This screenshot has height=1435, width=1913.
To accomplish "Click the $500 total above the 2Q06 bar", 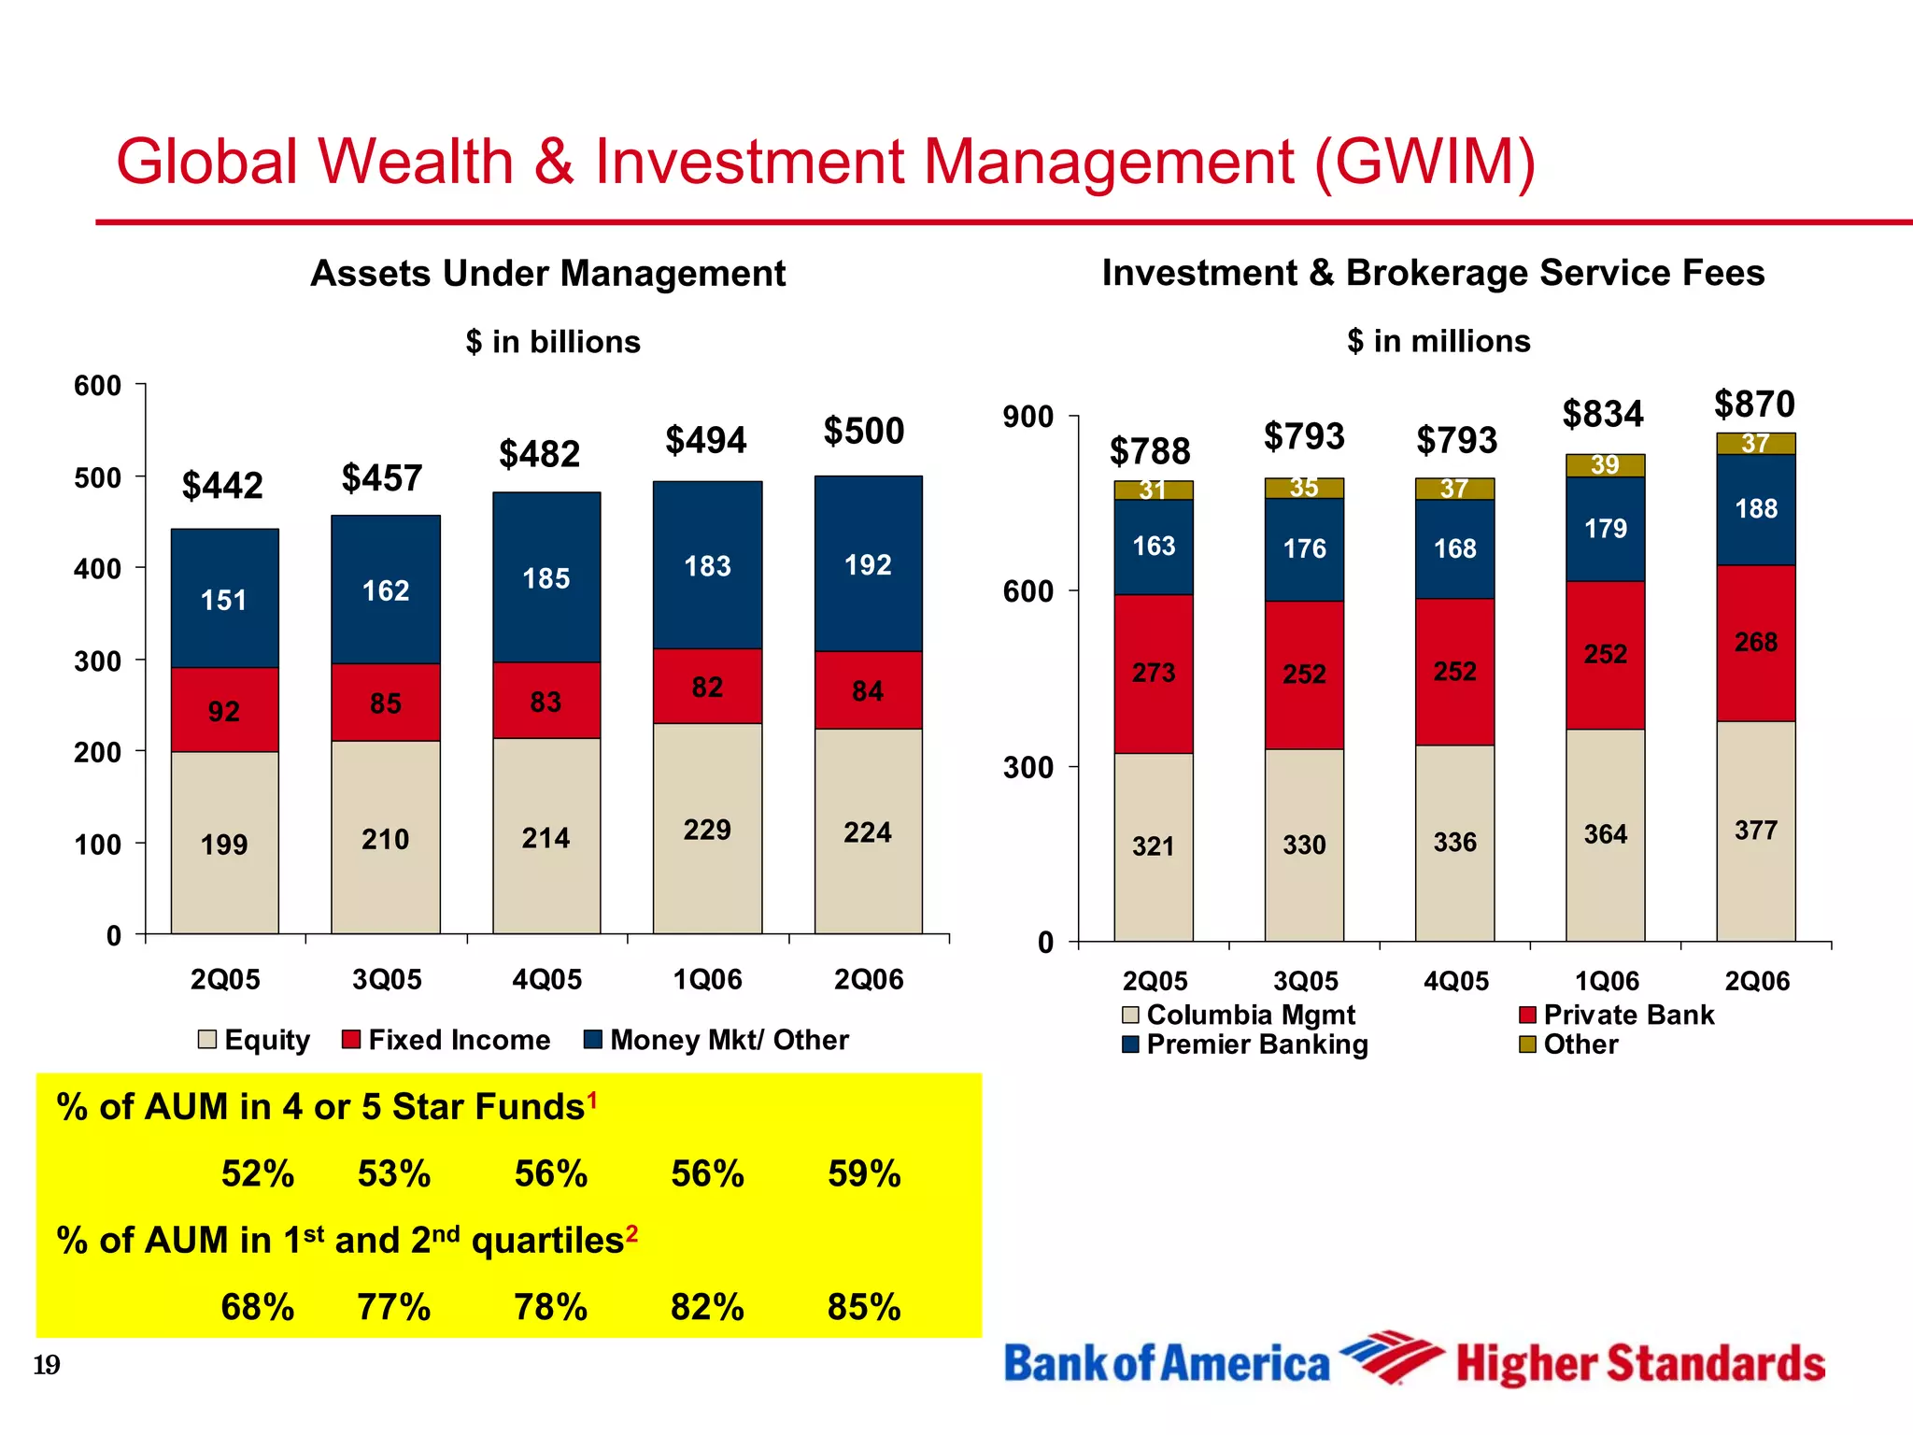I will [x=863, y=432].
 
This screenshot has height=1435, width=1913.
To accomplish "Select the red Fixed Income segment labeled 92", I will [x=224, y=710].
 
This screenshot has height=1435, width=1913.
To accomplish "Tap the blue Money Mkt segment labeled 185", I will [x=546, y=577].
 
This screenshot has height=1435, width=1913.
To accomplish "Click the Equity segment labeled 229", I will [x=707, y=829].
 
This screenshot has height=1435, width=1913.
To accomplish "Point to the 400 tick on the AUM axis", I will [x=98, y=569].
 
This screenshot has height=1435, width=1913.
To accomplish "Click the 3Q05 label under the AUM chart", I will [x=387, y=979].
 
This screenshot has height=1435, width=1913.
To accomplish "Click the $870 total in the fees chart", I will [x=1754, y=405].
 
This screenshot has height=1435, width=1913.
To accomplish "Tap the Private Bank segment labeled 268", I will [x=1756, y=643].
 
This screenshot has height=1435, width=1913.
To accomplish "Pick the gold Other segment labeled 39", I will [x=1605, y=465].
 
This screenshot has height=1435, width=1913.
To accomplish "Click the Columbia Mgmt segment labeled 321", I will [x=1153, y=846].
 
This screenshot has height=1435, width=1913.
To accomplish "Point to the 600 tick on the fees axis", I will [x=1027, y=591].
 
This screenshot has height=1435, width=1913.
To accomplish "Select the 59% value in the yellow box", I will [x=864, y=1173].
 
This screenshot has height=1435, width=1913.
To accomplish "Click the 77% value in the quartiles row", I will [x=393, y=1307].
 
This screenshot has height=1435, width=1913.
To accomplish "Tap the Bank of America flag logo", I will [x=1392, y=1357].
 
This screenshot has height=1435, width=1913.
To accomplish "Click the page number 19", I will [x=47, y=1365].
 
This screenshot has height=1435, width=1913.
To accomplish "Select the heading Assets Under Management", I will [x=547, y=274].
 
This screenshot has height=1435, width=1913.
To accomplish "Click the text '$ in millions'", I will [x=1438, y=341].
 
